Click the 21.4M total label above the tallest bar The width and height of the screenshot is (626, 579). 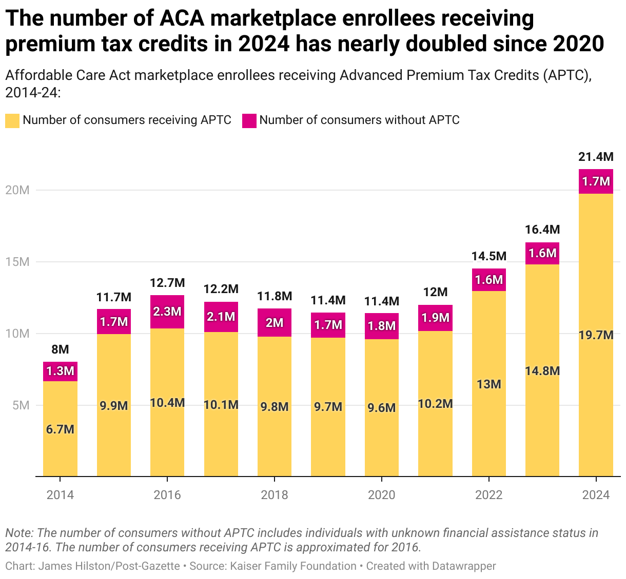(596, 157)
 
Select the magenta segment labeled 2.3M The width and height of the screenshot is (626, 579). (167, 312)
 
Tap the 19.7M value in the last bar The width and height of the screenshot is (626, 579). (596, 335)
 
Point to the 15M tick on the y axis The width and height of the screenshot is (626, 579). (17, 262)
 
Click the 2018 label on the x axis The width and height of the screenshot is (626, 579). (275, 495)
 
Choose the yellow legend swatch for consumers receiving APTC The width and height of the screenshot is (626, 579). (12, 121)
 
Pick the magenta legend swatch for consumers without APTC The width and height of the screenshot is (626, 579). (249, 121)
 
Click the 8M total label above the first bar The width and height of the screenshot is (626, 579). (60, 349)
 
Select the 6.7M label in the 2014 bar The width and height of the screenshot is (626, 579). (60, 429)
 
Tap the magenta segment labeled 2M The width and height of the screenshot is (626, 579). (275, 323)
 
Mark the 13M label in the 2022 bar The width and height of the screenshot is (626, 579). (488, 384)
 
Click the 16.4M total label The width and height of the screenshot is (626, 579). (542, 230)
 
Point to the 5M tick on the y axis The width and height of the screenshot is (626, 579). (21, 405)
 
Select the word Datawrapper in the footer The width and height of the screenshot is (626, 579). (464, 566)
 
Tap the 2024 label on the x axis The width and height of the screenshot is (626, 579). (596, 495)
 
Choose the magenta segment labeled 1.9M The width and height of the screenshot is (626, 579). (435, 318)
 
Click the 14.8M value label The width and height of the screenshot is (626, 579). (542, 371)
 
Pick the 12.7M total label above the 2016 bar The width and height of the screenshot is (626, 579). (167, 283)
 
